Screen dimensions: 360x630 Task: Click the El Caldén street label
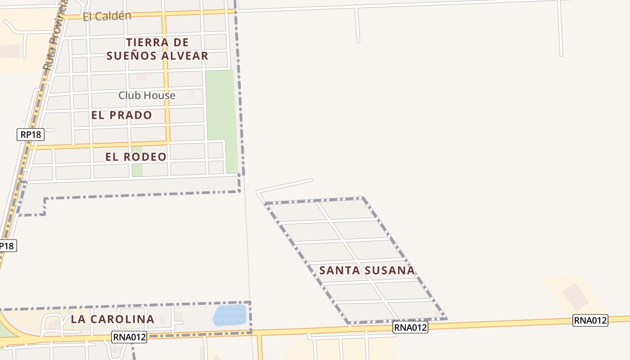click(x=107, y=16)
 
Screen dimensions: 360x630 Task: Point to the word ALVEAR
click(x=184, y=56)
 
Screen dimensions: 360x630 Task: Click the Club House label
click(x=147, y=95)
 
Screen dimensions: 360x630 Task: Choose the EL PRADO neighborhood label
click(x=121, y=115)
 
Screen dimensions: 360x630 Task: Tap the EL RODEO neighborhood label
click(x=136, y=157)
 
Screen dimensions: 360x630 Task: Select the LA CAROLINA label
click(x=112, y=319)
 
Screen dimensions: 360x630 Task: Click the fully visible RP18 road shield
click(x=31, y=135)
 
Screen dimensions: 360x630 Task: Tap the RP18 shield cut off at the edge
click(x=7, y=246)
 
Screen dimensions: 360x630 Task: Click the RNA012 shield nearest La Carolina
click(x=130, y=337)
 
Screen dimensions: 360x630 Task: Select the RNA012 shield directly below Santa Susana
click(x=410, y=327)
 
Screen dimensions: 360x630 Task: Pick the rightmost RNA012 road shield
click(x=590, y=320)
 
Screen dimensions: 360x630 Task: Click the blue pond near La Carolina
click(x=230, y=315)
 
